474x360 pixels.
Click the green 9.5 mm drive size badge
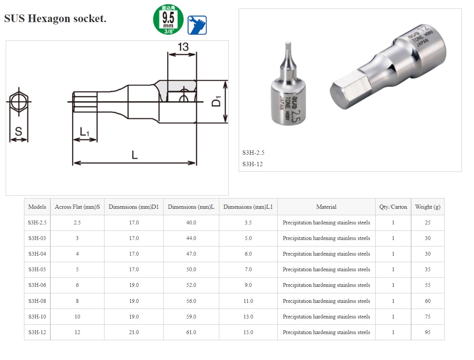168,20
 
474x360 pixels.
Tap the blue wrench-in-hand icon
197,25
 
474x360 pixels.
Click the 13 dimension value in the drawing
183,47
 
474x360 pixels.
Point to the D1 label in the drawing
216,102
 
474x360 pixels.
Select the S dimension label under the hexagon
18,131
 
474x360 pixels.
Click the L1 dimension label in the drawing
84,132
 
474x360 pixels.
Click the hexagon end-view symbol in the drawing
18,102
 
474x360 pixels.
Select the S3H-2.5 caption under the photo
253,153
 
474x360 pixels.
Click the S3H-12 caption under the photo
252,164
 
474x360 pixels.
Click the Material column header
326,207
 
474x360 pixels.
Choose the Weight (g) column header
427,207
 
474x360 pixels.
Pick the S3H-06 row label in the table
37,285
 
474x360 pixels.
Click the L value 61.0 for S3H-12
191,332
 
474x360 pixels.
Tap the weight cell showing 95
427,332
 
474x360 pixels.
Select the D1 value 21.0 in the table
133,332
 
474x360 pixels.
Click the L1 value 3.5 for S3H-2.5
248,222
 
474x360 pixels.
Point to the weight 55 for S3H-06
427,285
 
